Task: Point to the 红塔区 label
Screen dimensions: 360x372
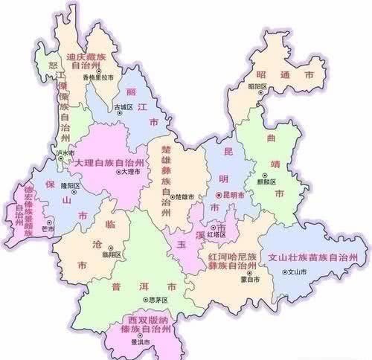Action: point(217,234)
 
